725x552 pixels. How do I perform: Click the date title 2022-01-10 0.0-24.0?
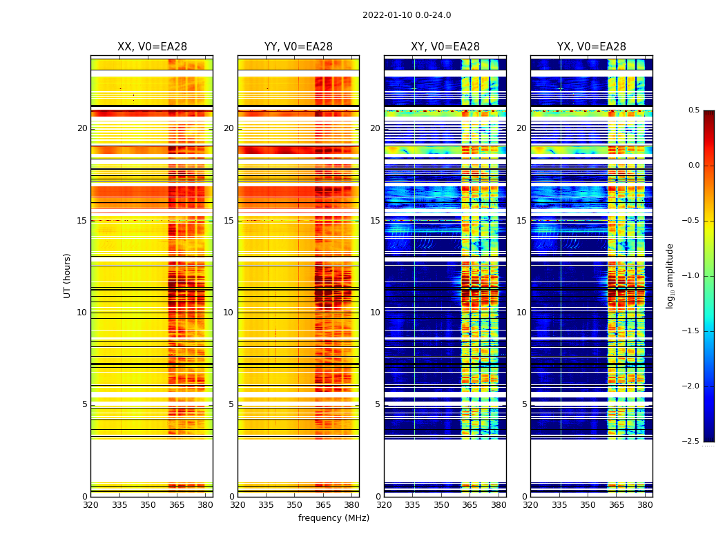pyautogui.click(x=407, y=15)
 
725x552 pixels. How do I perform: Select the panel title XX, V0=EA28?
pyautogui.click(x=152, y=47)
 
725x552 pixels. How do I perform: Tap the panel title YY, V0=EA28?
pyautogui.click(x=298, y=47)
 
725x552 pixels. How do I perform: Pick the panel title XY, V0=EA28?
pyautogui.click(x=445, y=47)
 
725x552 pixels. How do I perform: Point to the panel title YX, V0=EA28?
pyautogui.click(x=592, y=47)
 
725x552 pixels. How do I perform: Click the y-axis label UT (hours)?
pyautogui.click(x=68, y=275)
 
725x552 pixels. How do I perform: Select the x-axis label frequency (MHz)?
pyautogui.click(x=333, y=518)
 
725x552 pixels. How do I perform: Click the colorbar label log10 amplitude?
pyautogui.click(x=670, y=275)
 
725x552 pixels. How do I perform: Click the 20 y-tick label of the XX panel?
pyautogui.click(x=82, y=128)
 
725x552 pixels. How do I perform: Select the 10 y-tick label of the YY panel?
pyautogui.click(x=229, y=313)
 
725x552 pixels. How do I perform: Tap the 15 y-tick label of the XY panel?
pyautogui.click(x=375, y=221)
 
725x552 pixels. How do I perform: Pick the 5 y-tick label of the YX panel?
pyautogui.click(x=524, y=404)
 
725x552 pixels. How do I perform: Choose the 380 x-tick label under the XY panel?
pyautogui.click(x=499, y=505)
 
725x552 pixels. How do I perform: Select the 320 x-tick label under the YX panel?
pyautogui.click(x=530, y=505)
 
